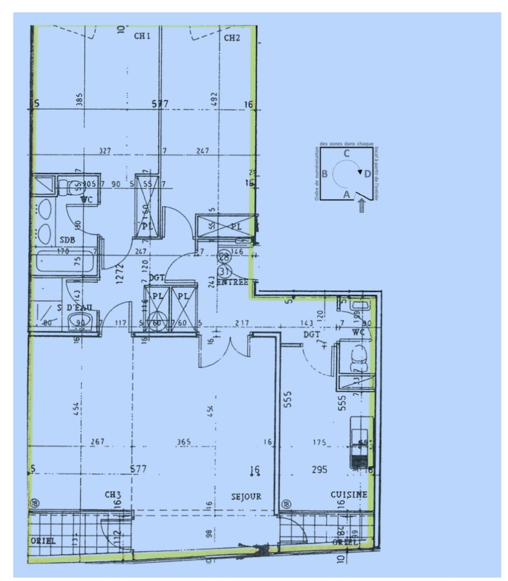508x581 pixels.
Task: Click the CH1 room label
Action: (142, 37)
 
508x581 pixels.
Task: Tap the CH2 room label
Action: (232, 38)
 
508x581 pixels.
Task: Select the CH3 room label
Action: (113, 494)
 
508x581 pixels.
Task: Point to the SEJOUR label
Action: (246, 497)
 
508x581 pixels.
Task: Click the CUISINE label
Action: (349, 494)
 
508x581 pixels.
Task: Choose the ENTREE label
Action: (232, 282)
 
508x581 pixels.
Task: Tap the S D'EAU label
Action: (77, 307)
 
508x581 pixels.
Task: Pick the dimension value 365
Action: (185, 442)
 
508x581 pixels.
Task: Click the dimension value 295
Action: (319, 470)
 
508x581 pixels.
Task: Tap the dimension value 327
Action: (105, 151)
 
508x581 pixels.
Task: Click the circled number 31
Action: (224, 271)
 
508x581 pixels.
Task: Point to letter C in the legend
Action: (347, 154)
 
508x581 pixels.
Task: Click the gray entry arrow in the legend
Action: (361, 205)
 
